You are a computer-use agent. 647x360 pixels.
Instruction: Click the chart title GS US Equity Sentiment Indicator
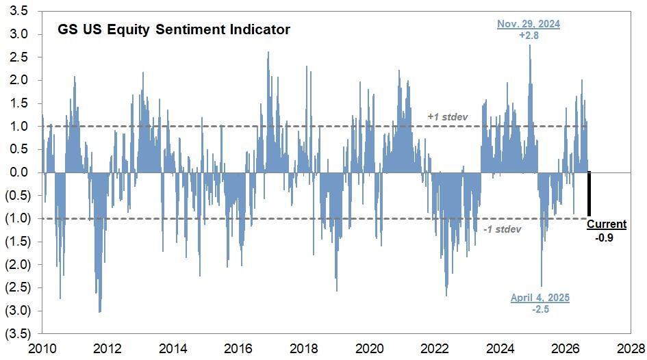pyautogui.click(x=174, y=29)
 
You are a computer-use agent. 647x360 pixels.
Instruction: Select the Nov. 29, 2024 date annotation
pyautogui.click(x=528, y=24)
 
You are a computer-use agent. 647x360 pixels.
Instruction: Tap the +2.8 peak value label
pyautogui.click(x=529, y=36)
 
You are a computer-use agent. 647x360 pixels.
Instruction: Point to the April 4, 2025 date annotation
pyautogui.click(x=540, y=297)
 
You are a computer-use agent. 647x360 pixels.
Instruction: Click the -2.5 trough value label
pyautogui.click(x=540, y=309)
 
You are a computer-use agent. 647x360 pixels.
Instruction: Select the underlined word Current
pyautogui.click(x=607, y=224)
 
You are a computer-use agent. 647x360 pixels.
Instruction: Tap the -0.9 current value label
pyautogui.click(x=604, y=237)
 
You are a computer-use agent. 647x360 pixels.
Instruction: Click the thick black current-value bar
pyautogui.click(x=589, y=194)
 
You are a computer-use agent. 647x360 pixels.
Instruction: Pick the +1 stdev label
pyautogui.click(x=447, y=117)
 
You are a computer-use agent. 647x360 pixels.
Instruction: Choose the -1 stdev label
pyautogui.click(x=502, y=229)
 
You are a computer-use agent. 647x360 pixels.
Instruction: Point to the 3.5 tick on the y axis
pyautogui.click(x=18, y=11)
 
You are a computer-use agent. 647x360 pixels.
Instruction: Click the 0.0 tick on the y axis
pyautogui.click(x=18, y=172)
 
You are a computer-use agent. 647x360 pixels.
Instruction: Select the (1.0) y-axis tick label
pyautogui.click(x=18, y=218)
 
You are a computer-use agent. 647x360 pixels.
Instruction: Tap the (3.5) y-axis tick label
pyautogui.click(x=18, y=333)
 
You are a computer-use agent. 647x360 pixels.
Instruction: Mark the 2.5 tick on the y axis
pyautogui.click(x=18, y=57)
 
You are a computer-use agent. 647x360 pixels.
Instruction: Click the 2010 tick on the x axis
pyautogui.click(x=42, y=349)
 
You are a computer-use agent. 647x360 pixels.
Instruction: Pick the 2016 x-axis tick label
pyautogui.click(x=238, y=349)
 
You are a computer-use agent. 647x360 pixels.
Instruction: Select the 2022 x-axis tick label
pyautogui.click(x=435, y=349)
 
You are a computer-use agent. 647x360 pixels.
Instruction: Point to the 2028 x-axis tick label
pyautogui.click(x=631, y=349)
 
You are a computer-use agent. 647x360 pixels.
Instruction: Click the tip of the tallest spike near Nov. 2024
pyautogui.click(x=530, y=45)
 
